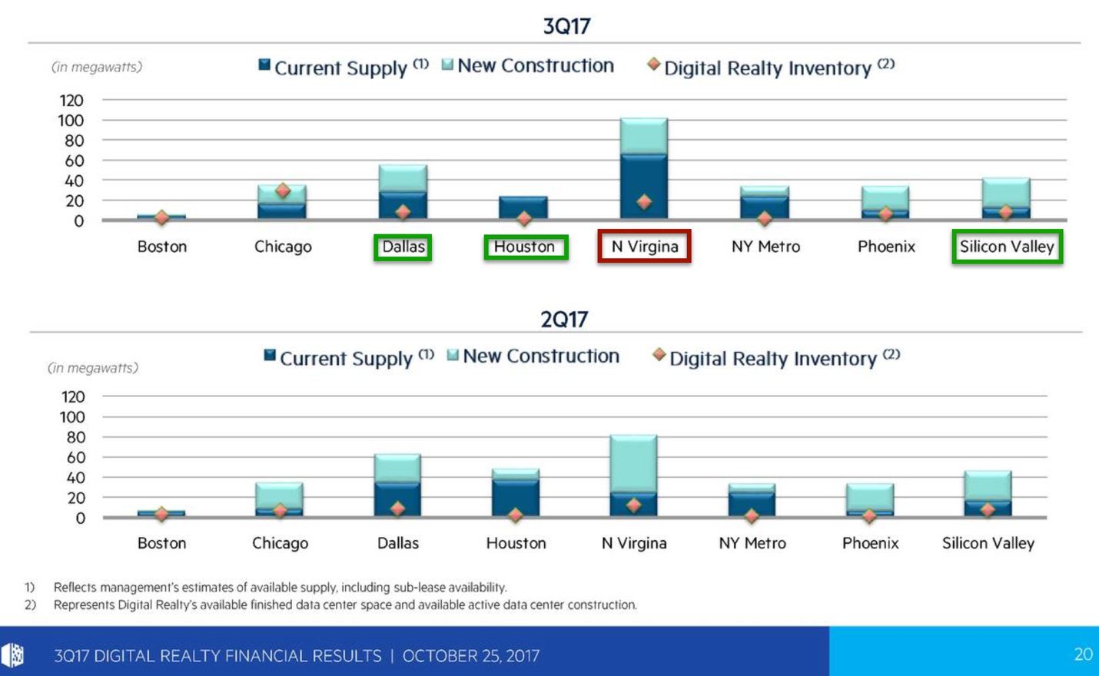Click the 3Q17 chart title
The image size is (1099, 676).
pos(566,26)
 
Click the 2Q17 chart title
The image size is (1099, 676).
pos(564,319)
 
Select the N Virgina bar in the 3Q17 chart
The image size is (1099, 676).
pos(644,169)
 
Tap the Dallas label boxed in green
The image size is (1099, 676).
pos(403,247)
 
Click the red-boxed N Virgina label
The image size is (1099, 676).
pos(644,247)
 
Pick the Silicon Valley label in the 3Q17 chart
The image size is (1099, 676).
pos(1007,247)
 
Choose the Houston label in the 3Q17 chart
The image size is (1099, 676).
pos(526,247)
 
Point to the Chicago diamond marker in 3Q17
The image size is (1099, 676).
pos(283,191)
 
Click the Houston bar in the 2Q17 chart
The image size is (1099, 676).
pos(516,492)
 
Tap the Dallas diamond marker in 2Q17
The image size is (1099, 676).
pos(397,509)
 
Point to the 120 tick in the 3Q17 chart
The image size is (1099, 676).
pos(71,101)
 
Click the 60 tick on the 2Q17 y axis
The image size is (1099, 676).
pos(75,458)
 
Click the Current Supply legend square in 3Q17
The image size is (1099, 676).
pos(264,66)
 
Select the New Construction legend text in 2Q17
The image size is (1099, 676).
pos(541,356)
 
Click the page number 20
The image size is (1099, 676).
pos(1083,654)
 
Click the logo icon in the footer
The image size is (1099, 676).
pos(13,655)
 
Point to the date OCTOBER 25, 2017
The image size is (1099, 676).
pos(471,656)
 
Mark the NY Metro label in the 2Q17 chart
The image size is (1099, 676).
pos(752,544)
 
